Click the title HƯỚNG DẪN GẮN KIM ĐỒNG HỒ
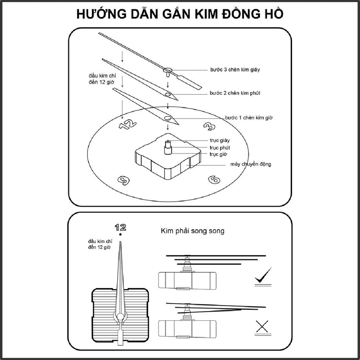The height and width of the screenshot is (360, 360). pos(180,14)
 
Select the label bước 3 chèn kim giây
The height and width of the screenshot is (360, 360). pos(235,70)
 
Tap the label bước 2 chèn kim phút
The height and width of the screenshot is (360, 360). pos(235,93)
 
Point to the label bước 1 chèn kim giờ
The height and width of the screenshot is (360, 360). pos(251,118)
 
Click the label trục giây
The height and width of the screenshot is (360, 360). pos(220,141)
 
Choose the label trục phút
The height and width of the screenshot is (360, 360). pos(220,148)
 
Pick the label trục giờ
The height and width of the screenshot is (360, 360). pos(219,154)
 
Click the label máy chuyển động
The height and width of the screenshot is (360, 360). pos(251,164)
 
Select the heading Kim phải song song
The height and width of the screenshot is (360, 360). pos(192,231)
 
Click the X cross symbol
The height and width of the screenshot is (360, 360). pos(263,327)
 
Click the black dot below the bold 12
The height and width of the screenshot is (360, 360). pos(121,235)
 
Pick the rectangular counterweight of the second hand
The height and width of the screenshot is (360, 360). pos(191,81)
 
